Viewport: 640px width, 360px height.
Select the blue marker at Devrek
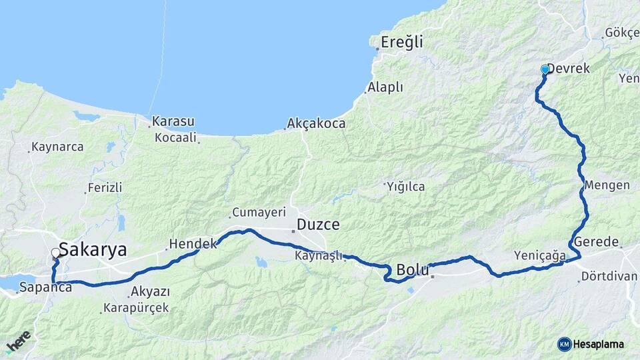[545, 69]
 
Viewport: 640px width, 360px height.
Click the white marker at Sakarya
[55, 253]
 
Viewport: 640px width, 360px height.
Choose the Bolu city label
[413, 270]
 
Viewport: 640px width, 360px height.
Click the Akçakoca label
[316, 123]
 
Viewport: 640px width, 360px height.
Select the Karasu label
[173, 122]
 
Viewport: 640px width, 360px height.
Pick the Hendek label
[193, 244]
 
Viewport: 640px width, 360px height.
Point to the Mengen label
[603, 185]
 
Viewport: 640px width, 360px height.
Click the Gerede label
[596, 241]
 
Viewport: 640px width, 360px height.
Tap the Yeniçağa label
[540, 255]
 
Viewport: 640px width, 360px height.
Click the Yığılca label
[406, 187]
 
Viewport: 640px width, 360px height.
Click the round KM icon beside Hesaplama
[564, 344]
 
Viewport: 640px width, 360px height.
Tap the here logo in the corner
[18, 341]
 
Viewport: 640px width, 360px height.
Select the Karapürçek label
[135, 308]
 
